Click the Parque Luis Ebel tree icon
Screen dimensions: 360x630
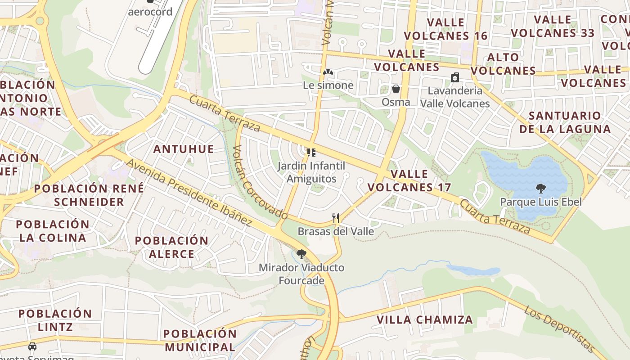[541, 189]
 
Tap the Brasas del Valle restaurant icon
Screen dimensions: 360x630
[335, 218]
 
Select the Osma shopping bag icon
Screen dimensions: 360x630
[396, 89]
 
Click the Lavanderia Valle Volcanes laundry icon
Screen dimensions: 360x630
[455, 77]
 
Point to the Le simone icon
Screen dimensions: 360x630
[328, 72]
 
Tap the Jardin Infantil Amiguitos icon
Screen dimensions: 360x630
[311, 153]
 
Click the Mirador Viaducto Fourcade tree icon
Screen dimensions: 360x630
[301, 254]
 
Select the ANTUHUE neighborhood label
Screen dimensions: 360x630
[184, 149]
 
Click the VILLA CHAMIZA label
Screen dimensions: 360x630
[425, 320]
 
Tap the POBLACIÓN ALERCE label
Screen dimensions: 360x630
[171, 247]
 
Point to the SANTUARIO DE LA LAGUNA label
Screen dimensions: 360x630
[565, 122]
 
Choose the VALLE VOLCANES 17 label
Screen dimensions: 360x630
[409, 180]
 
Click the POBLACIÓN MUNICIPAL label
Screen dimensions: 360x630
[200, 340]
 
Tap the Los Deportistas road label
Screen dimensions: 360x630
[560, 329]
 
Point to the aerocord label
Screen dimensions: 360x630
[150, 12]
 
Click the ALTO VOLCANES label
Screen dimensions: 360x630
[503, 64]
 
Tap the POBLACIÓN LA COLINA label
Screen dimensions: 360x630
[53, 231]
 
